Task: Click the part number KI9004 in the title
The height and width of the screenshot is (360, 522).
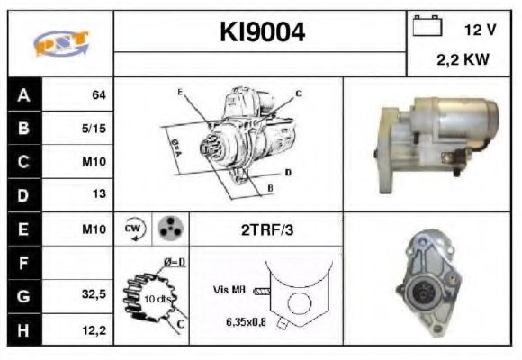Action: pos(263,32)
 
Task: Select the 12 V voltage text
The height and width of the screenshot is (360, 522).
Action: pos(480,30)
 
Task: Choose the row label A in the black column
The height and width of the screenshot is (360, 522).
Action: pos(23,94)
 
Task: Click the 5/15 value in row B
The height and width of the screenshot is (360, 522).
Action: pos(93,128)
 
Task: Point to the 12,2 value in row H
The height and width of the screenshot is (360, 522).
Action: pos(94,330)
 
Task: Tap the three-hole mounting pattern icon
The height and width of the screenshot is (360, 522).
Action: pos(168,229)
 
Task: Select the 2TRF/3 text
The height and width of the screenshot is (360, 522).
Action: pos(266,229)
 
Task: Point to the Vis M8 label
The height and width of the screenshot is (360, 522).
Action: pos(229,290)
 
